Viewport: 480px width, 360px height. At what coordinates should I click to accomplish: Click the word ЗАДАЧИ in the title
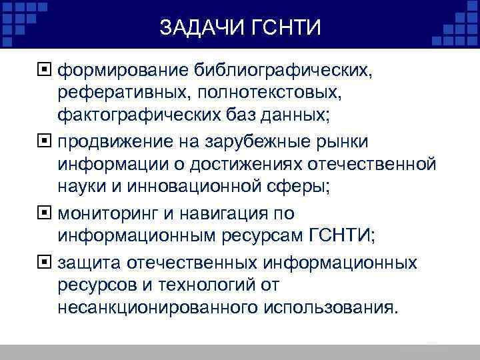pos(203,28)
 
